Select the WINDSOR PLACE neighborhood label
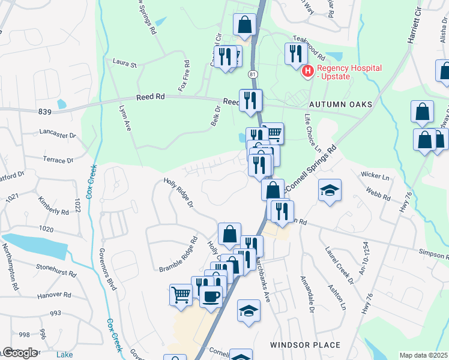305,345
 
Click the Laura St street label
125,62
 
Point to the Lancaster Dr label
58,133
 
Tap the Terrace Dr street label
58,160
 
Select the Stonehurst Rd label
56,272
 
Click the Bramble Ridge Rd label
178,254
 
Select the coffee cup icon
210,296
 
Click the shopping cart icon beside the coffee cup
181,295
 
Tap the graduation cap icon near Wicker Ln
330,190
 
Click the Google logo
19,353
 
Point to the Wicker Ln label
375,176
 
